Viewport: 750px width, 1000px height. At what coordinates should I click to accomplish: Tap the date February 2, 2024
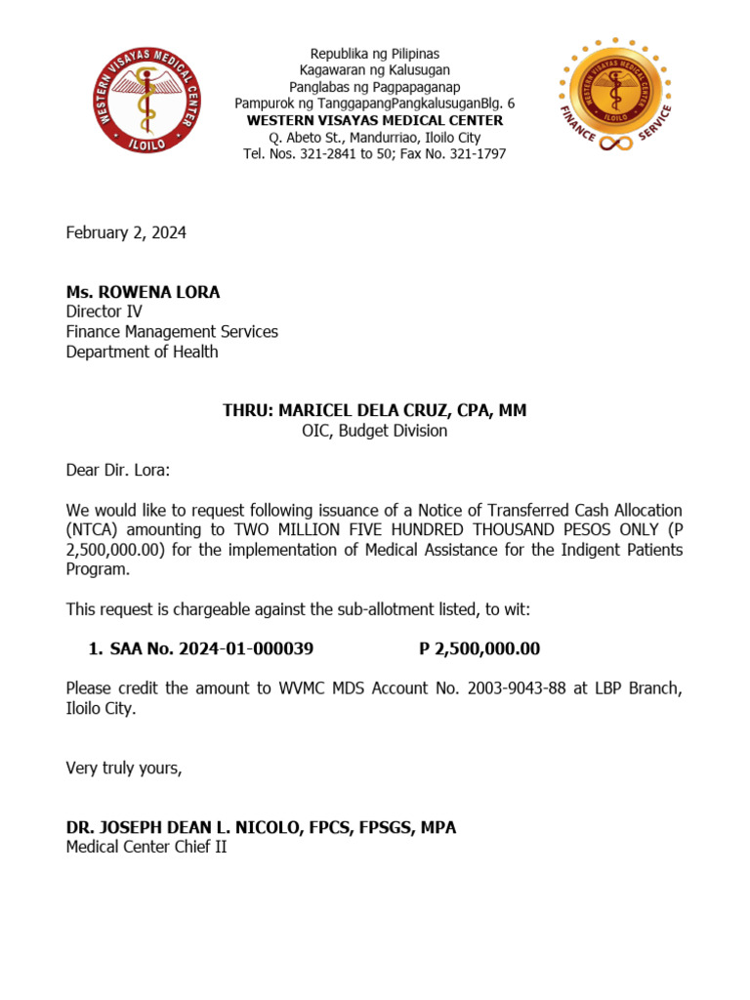point(126,232)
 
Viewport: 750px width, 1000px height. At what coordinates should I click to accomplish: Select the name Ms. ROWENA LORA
point(143,292)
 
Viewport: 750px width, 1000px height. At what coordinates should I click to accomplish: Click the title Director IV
point(104,312)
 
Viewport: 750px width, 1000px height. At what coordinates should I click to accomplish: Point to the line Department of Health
point(142,352)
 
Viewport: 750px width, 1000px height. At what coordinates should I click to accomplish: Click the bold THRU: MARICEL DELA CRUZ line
point(374,410)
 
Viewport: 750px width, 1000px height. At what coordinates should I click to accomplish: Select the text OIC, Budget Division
point(374,431)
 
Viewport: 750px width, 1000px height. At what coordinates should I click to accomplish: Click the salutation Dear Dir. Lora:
point(117,471)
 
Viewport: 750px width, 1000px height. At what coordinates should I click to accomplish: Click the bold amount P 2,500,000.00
point(479,649)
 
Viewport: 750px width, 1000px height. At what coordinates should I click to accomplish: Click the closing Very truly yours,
point(124,768)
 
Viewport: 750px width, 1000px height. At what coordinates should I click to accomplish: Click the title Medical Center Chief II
point(146,847)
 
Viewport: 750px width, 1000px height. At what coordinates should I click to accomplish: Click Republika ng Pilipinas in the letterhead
point(374,53)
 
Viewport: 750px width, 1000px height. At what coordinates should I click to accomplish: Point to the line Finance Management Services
point(172,332)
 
